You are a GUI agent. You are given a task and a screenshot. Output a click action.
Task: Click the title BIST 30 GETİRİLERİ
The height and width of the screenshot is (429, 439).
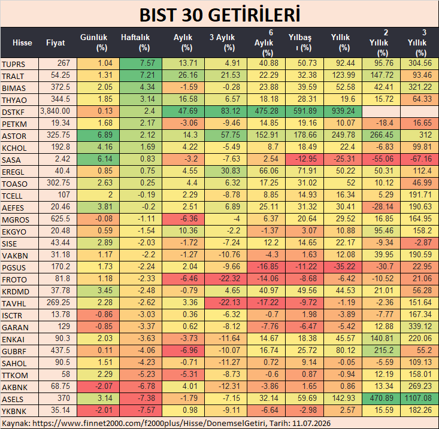coord(220,15)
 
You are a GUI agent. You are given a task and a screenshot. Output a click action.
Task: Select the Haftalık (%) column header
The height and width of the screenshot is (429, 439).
coord(135,42)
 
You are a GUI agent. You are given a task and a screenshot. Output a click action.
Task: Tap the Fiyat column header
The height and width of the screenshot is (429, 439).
coord(56,43)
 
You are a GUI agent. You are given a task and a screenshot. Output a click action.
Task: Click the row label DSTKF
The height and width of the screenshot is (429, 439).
coord(13,112)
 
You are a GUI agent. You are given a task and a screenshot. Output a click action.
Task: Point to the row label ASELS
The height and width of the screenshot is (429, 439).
coord(13,399)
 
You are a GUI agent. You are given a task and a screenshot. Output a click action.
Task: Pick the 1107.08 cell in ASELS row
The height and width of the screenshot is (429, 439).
coord(420,398)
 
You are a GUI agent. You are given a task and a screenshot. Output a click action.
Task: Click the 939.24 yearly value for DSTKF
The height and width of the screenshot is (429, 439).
coord(343,111)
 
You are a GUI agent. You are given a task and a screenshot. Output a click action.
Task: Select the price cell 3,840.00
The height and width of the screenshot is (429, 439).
coord(55,111)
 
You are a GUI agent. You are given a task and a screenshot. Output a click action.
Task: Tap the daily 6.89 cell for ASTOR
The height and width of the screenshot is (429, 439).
coord(99,135)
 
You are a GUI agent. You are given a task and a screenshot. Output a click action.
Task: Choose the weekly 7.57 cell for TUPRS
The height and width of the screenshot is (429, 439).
coord(141,63)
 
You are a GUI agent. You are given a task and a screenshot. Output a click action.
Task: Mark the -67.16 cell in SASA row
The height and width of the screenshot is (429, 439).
coord(420,159)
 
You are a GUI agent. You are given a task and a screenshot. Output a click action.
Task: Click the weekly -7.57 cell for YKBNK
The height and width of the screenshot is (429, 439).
coord(141,410)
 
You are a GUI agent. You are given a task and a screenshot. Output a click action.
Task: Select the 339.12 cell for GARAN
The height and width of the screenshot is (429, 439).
coord(420,326)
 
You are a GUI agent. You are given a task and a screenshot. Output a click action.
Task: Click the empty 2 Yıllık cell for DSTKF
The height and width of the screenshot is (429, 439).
coord(382,111)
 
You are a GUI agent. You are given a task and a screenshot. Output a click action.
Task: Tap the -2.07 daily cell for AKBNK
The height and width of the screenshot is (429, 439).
coord(99,386)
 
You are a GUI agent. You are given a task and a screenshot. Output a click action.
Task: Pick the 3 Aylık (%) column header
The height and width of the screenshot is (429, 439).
coord(222,42)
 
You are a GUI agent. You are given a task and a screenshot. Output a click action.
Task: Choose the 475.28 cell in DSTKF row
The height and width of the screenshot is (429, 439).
coord(267,111)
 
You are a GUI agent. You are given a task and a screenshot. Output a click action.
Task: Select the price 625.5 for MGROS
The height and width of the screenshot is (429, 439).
coord(60,219)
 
